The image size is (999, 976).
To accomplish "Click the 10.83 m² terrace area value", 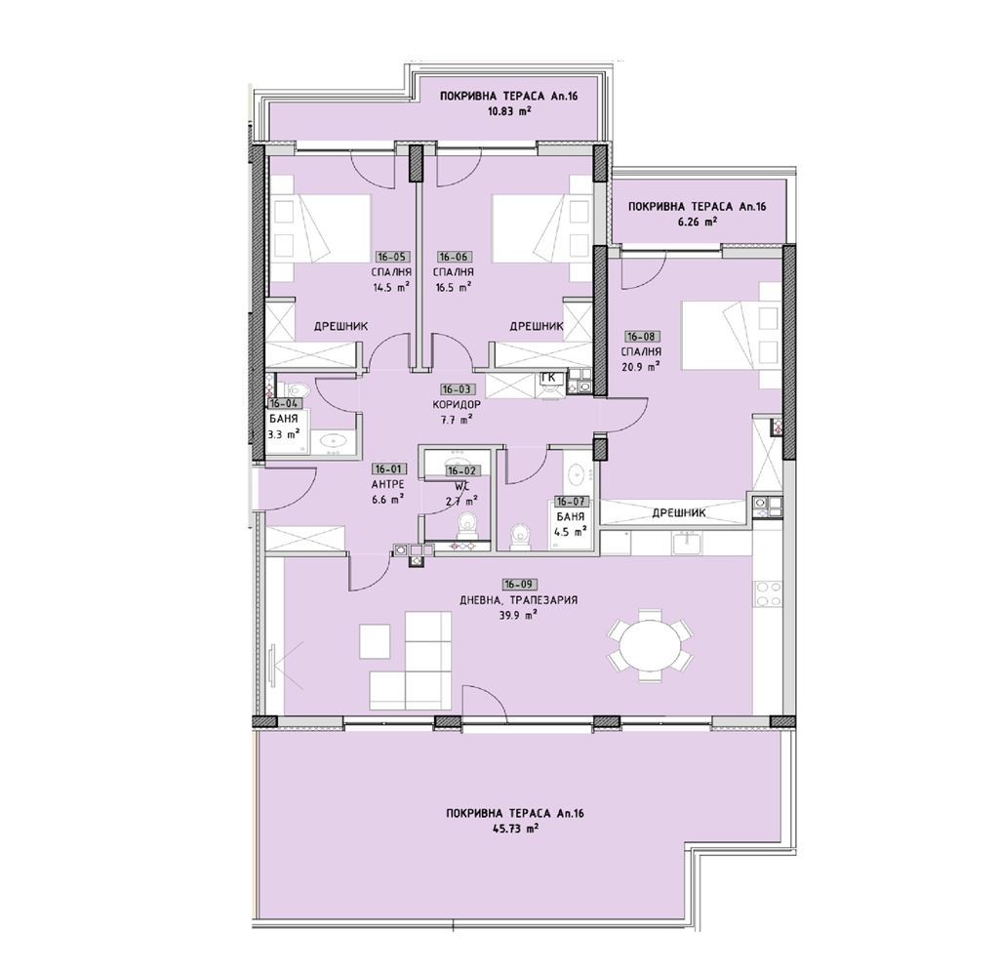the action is pos(508,111).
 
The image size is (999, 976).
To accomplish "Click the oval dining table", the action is pos(650,645).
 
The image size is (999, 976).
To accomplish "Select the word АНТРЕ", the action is pos(388,484).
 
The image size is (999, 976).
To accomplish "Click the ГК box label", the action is pos(550,378).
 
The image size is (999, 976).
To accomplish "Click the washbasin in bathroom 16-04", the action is pos(332,441).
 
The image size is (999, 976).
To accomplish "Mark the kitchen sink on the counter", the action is pos(686,543).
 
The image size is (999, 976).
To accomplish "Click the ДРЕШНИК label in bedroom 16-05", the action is pos(340,326).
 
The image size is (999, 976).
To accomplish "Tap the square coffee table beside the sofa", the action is pos(375,640).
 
